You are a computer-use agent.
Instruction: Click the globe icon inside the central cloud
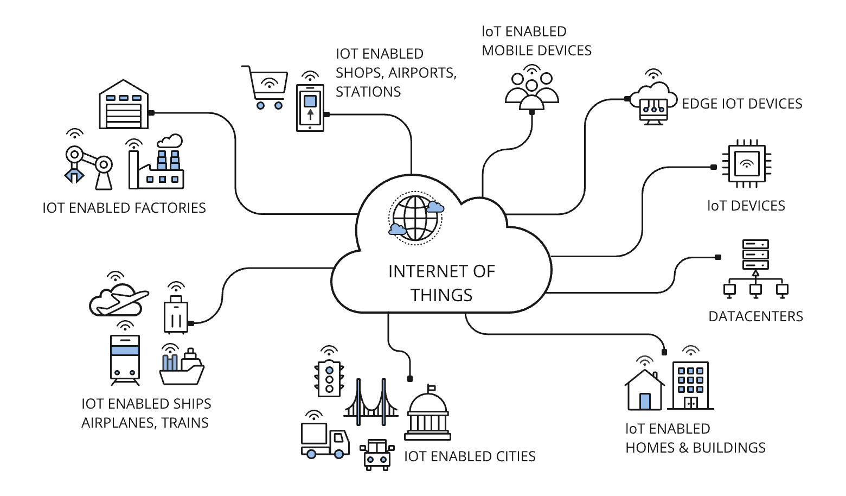415,218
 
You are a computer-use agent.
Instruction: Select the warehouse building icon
124,105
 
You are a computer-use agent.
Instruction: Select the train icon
125,359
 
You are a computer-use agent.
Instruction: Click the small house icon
644,391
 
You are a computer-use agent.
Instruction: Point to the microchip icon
747,163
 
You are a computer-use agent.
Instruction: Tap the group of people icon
532,89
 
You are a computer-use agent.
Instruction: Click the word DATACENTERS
755,316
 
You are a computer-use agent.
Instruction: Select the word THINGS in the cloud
441,295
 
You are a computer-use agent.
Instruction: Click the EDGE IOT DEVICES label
741,104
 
